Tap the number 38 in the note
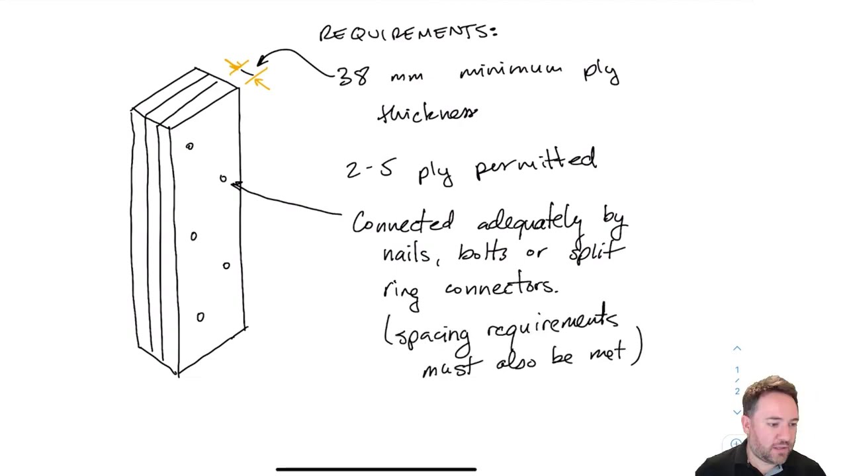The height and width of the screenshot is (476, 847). click(353, 76)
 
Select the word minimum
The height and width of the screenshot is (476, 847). click(510, 71)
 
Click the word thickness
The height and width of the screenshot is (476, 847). click(427, 113)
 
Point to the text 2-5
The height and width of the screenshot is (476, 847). click(369, 169)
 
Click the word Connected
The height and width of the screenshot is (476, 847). click(403, 223)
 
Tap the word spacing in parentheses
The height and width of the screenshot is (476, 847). click(434, 335)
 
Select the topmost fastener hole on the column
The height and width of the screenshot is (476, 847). click(190, 146)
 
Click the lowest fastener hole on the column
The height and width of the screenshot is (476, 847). click(201, 317)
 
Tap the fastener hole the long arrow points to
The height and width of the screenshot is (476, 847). click(223, 178)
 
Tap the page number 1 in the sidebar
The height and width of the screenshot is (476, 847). click(737, 370)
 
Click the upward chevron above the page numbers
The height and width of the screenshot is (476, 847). click(737, 348)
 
